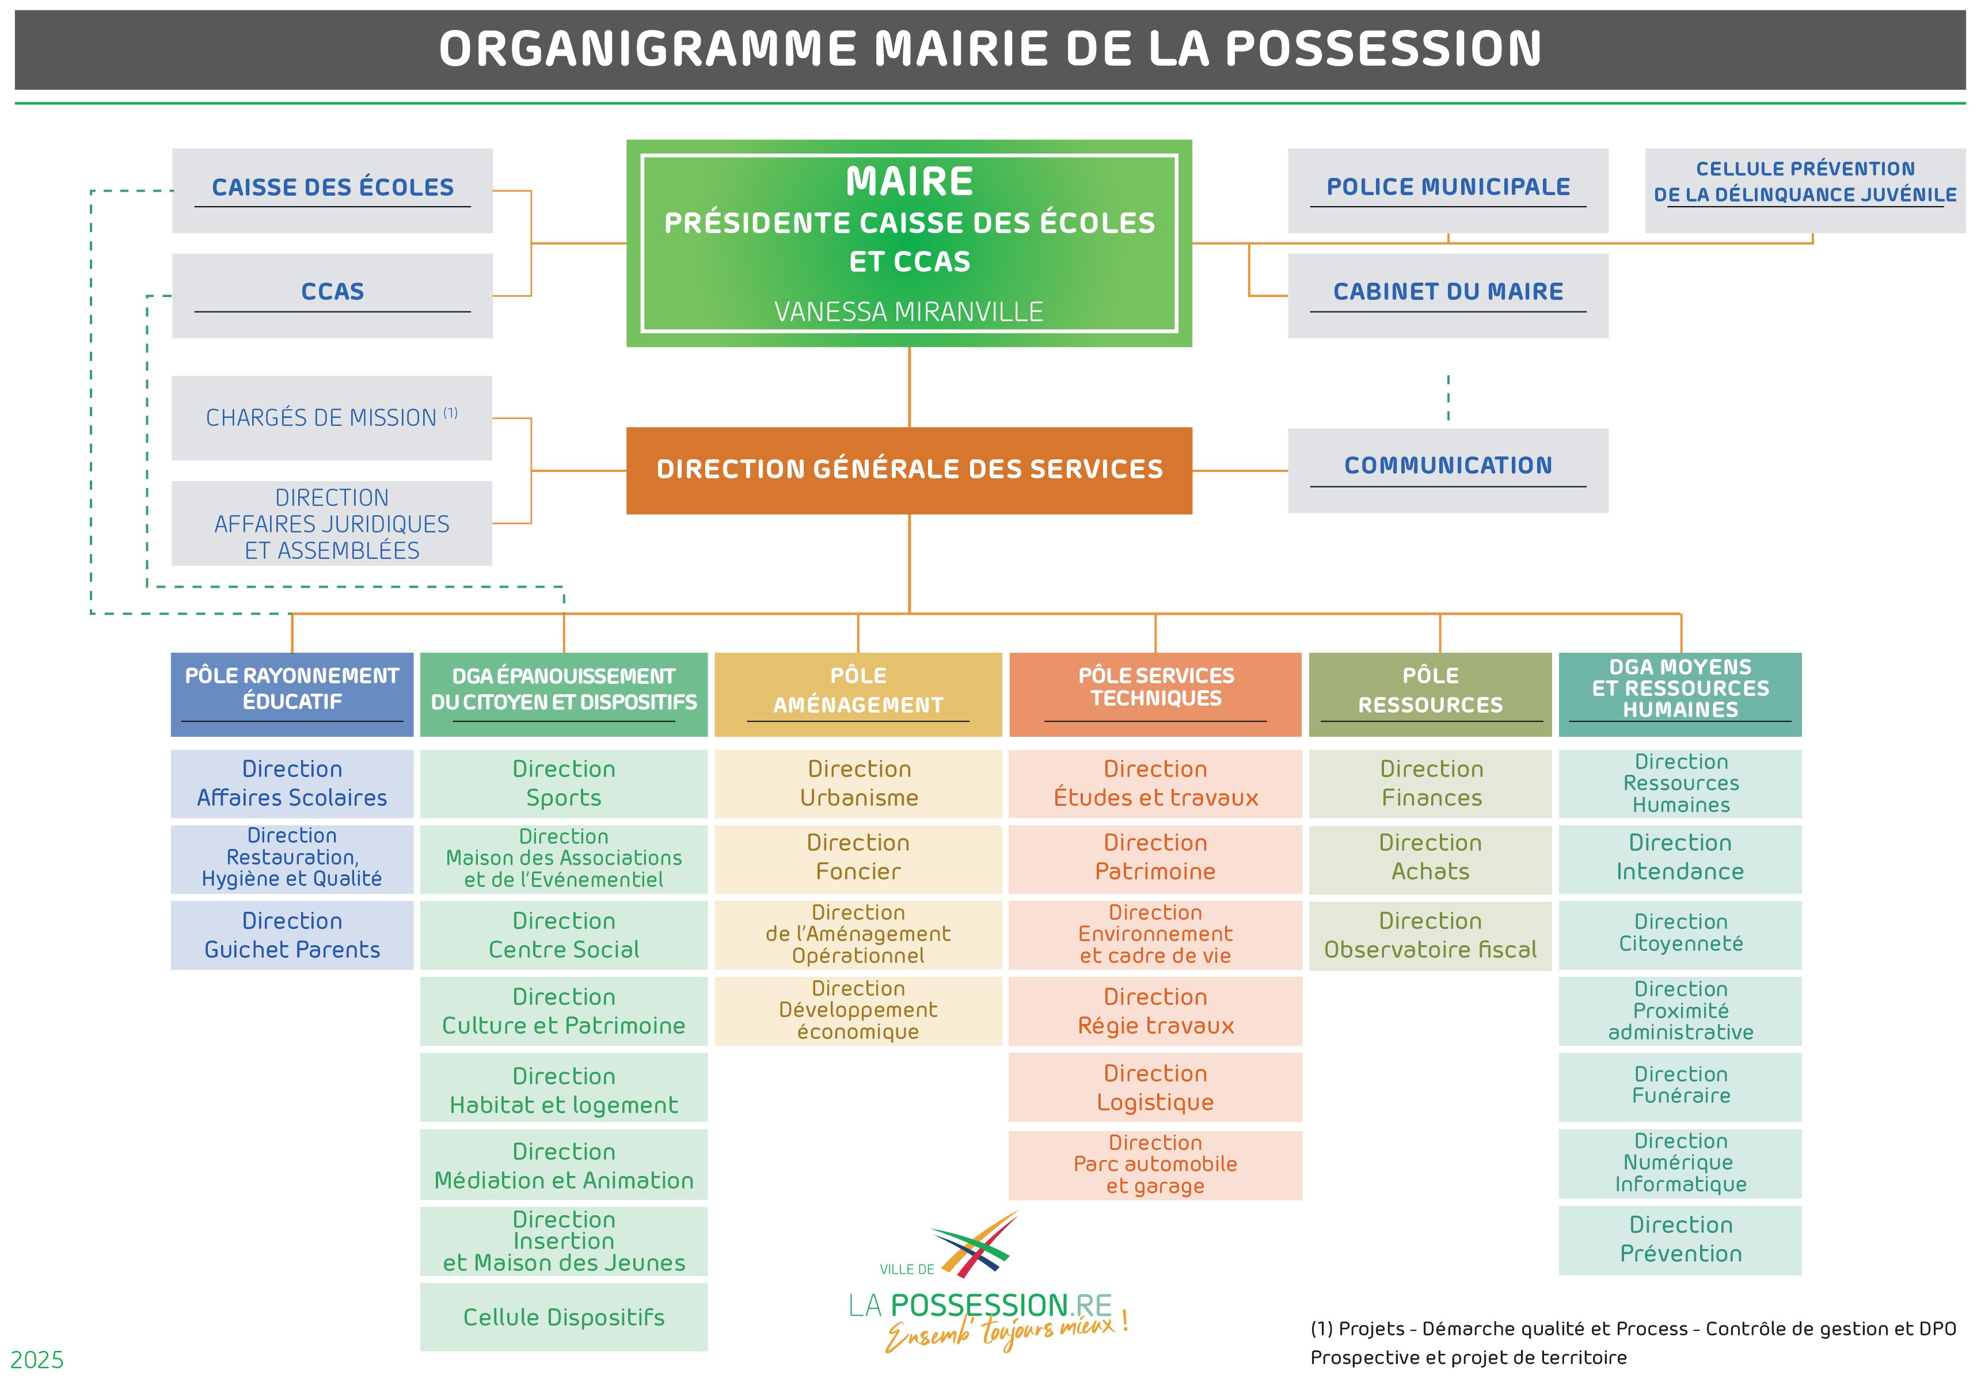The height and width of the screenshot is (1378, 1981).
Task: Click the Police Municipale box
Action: coord(1448,191)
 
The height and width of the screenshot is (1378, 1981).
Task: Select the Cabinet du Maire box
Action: coord(1448,295)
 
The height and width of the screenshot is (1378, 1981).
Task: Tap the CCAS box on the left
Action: coord(332,295)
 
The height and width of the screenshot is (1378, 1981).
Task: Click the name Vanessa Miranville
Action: coord(908,311)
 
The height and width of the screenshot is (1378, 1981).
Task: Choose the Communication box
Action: coord(1448,470)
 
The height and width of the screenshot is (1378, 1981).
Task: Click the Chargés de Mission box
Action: coord(332,418)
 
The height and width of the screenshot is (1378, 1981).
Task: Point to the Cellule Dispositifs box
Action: coord(564,1317)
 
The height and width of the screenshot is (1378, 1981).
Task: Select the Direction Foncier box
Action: coord(858,859)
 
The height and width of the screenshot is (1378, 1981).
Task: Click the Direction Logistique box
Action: coord(1155,1087)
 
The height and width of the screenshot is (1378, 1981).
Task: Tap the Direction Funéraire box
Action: coord(1680,1087)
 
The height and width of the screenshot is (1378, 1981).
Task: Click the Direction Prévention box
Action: coord(1680,1240)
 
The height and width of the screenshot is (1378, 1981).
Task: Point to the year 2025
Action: coord(37,1360)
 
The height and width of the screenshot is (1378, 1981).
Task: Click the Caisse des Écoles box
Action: coord(332,191)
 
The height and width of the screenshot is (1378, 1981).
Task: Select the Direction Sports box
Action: coord(564,783)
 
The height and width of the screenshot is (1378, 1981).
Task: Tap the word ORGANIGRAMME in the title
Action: coord(648,48)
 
